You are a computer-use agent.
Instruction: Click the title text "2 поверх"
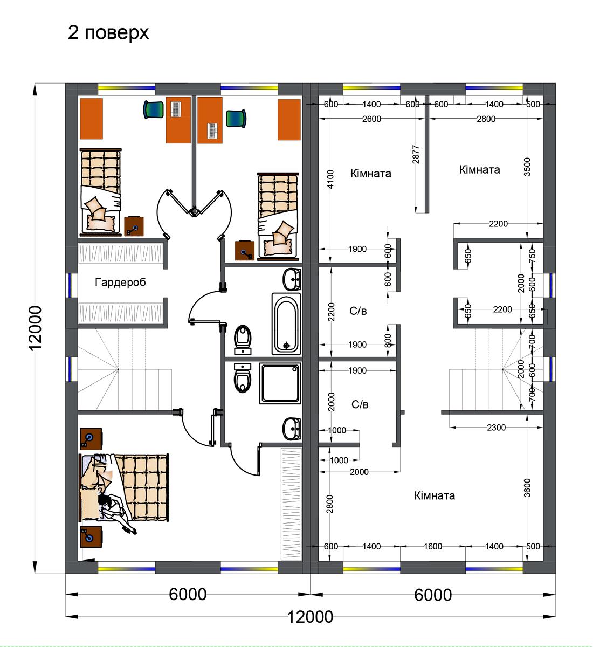108,33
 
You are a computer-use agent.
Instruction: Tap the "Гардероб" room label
120,282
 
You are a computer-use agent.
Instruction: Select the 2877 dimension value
416,155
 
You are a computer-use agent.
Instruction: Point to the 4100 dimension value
330,179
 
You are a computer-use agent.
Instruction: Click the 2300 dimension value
496,428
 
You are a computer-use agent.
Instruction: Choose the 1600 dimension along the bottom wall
433,546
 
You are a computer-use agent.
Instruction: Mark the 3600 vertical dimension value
527,488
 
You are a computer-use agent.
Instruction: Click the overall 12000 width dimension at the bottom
310,617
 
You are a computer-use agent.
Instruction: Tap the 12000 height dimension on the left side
35,328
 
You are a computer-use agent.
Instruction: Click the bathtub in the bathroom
286,323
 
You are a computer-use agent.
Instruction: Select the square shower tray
280,383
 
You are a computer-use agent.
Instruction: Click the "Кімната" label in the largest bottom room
435,495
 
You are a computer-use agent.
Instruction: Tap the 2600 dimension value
371,119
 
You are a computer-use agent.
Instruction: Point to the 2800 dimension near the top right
486,119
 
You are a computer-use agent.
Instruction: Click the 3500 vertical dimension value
527,167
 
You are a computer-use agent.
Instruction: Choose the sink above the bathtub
292,279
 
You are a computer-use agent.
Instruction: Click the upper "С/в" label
358,311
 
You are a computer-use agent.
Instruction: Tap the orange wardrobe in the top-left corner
91,119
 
